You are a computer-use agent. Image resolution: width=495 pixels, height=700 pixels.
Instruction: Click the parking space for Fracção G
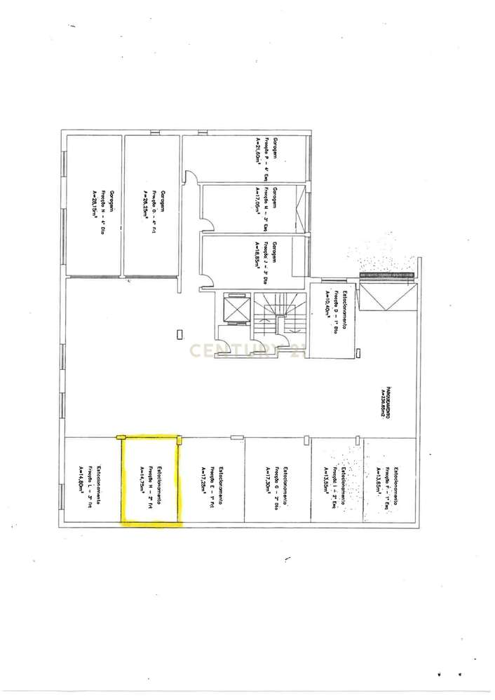(278, 481)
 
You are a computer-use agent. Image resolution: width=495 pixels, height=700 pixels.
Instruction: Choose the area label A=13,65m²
(379, 481)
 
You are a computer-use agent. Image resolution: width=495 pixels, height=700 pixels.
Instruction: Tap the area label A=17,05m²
(259, 203)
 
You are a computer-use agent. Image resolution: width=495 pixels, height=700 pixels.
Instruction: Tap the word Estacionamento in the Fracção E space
(220, 482)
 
